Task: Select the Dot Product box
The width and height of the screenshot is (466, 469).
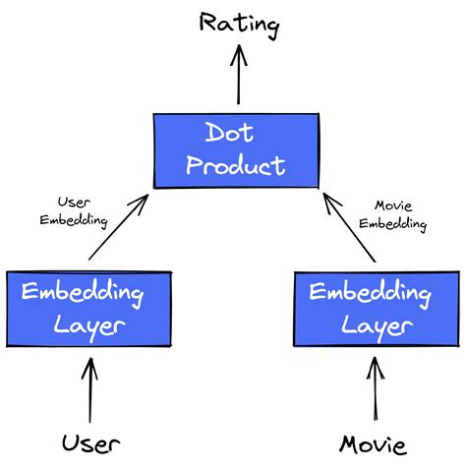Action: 236,148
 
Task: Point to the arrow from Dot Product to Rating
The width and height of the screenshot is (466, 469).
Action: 237,79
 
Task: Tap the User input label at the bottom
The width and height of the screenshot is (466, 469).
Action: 90,443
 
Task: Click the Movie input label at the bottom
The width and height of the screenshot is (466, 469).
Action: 373,444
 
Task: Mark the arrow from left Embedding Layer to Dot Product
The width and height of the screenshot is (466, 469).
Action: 118,228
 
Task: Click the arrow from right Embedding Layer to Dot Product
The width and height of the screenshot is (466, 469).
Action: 350,228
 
